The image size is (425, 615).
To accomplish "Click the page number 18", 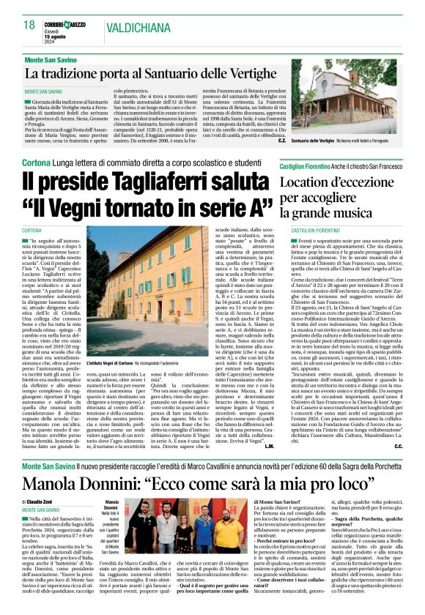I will (30, 25).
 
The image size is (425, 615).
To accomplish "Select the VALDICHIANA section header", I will (137, 27).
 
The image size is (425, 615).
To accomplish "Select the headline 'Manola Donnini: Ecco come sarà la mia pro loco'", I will (191, 485).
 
